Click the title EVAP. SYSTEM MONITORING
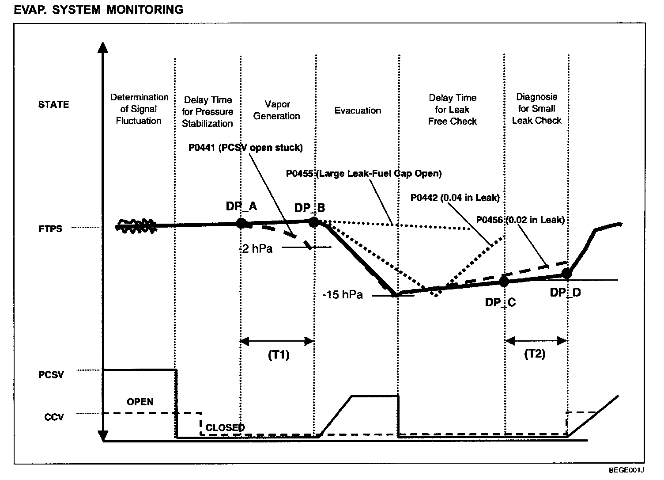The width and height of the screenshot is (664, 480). [98, 10]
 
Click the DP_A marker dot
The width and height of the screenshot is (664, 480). [241, 223]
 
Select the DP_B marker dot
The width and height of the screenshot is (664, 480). [313, 222]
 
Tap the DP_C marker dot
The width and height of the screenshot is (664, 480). [504, 281]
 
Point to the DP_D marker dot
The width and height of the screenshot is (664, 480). [567, 274]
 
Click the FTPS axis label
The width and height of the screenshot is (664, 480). [50, 229]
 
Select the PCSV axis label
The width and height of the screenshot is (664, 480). [51, 375]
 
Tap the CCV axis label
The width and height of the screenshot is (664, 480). [54, 417]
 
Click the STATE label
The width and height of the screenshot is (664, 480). [53, 105]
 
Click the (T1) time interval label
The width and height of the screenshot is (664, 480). [279, 355]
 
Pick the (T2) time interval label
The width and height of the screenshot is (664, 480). [535, 354]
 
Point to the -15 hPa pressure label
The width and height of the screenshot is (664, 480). [343, 295]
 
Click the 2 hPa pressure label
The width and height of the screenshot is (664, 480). [257, 249]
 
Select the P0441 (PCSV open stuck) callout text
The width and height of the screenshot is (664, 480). [245, 148]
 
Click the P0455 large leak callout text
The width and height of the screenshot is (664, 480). [364, 173]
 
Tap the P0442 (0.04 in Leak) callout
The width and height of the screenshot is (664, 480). [455, 198]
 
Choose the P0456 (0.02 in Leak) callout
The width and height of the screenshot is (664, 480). [521, 220]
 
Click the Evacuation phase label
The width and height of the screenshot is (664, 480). [358, 110]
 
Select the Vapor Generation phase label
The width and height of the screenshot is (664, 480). [277, 110]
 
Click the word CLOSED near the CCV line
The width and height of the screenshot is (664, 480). [225, 427]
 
